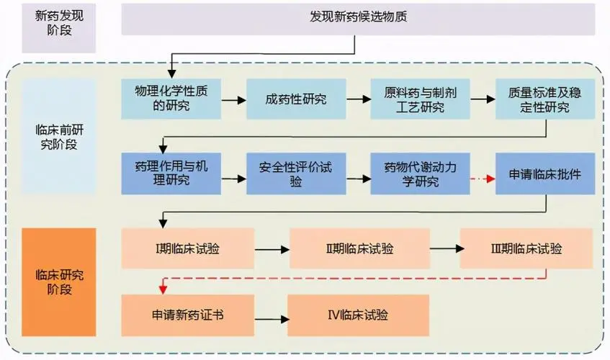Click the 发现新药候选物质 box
coord(358,17)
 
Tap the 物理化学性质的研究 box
coord(171,99)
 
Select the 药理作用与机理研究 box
coord(171,174)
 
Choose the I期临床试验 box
coord(189,249)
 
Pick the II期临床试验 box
coord(359,249)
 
